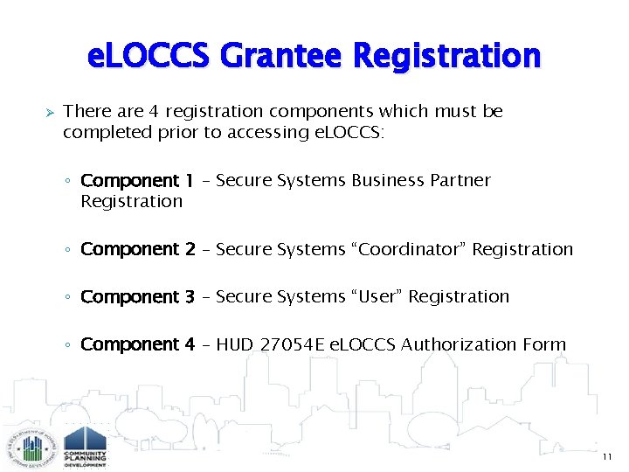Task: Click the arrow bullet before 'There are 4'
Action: tap(51, 113)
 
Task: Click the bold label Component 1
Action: tap(137, 181)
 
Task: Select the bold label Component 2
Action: tap(137, 249)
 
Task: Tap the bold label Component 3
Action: tap(137, 297)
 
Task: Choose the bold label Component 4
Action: tap(137, 344)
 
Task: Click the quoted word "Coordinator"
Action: tap(409, 249)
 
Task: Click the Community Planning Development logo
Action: tap(86, 446)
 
